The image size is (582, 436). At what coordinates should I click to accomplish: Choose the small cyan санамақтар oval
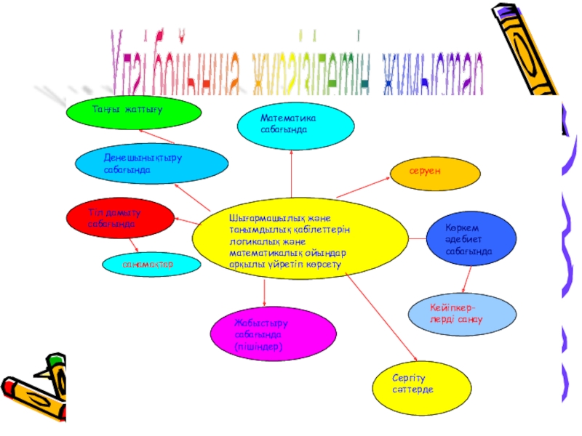point(151,265)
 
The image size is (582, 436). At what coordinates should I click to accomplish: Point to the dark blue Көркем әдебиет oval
point(470,239)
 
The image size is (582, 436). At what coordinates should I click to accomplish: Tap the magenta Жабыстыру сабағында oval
point(263,334)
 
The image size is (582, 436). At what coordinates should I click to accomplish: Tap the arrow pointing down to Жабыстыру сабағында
point(264,291)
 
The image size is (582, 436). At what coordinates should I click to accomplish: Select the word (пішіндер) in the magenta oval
point(258,348)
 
